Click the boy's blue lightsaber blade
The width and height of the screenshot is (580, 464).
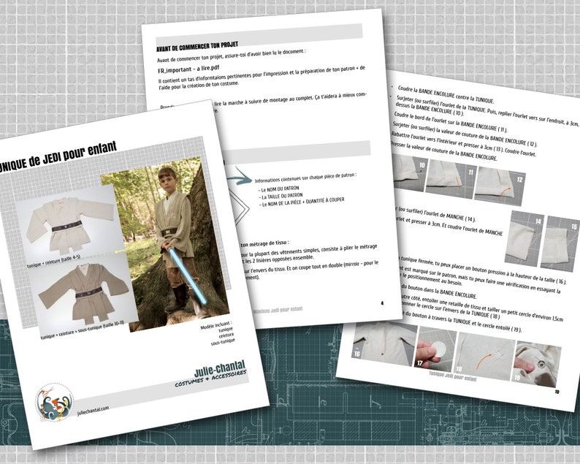181,277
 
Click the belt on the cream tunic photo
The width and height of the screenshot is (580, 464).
66,226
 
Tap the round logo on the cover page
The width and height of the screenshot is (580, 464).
54,401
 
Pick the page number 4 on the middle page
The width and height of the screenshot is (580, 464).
382,303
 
